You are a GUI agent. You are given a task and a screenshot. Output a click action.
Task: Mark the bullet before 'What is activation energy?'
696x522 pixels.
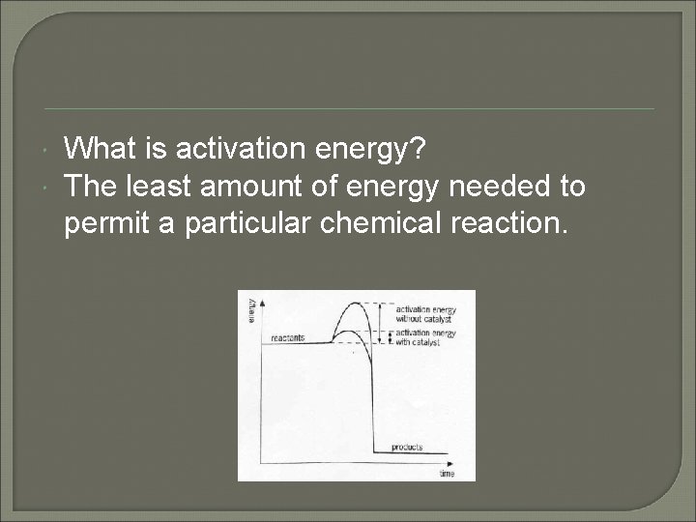pos(48,150)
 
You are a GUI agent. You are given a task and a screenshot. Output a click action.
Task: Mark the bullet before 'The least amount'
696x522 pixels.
pos(48,186)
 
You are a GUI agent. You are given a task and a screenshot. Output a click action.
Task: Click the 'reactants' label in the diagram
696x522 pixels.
pos(287,337)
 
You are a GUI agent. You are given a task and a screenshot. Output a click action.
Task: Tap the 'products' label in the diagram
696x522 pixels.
pos(407,448)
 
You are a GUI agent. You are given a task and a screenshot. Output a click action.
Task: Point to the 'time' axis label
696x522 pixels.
pos(447,474)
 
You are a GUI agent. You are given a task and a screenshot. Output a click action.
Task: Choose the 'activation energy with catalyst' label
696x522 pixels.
pos(424,336)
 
